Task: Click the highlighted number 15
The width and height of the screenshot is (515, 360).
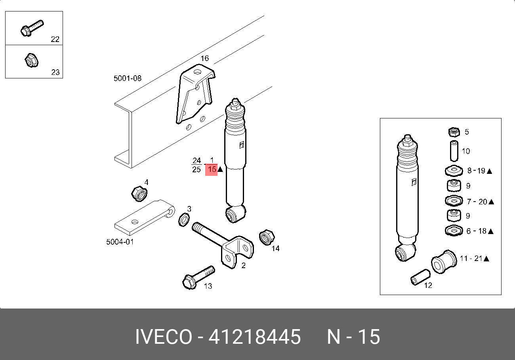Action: (212, 170)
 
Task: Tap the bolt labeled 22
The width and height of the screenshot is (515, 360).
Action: (32, 28)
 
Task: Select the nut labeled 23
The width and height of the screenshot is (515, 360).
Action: (31, 61)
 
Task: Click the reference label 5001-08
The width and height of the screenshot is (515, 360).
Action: (128, 78)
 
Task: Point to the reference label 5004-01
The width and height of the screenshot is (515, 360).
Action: (120, 242)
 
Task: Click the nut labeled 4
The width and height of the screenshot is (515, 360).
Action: (139, 194)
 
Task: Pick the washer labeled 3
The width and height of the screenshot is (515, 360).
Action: (184, 219)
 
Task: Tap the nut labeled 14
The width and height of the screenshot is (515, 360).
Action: (267, 237)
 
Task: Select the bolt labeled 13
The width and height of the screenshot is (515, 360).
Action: (198, 278)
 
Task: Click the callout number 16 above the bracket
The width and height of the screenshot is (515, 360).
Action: (205, 58)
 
